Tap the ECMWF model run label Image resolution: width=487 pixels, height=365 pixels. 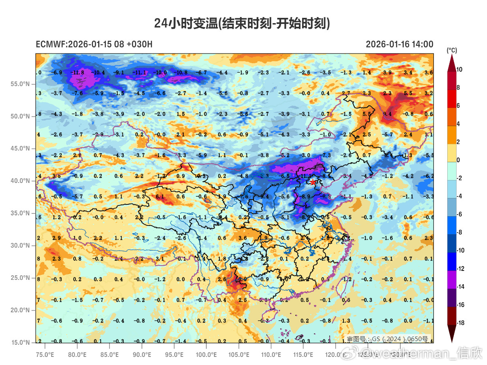[x=94, y=44]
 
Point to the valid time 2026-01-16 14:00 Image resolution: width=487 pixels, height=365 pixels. [x=399, y=44]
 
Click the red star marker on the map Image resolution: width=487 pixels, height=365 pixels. [x=313, y=182]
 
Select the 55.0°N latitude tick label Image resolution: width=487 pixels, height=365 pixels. [x=20, y=84]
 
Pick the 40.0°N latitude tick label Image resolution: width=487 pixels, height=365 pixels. [x=20, y=181]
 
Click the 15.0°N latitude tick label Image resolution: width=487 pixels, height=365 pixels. [x=20, y=343]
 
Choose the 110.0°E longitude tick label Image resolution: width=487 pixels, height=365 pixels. [x=271, y=354]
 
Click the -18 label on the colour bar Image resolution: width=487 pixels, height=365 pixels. [x=459, y=323]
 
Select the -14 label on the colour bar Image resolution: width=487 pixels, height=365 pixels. [x=459, y=287]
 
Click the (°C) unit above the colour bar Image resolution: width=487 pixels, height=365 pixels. [x=452, y=50]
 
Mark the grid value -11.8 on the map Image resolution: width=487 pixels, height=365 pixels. [x=77, y=73]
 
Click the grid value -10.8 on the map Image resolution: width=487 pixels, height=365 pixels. [x=180, y=73]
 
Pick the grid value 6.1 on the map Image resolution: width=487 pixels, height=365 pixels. [x=159, y=197]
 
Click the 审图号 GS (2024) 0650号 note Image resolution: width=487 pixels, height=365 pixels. [x=387, y=339]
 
